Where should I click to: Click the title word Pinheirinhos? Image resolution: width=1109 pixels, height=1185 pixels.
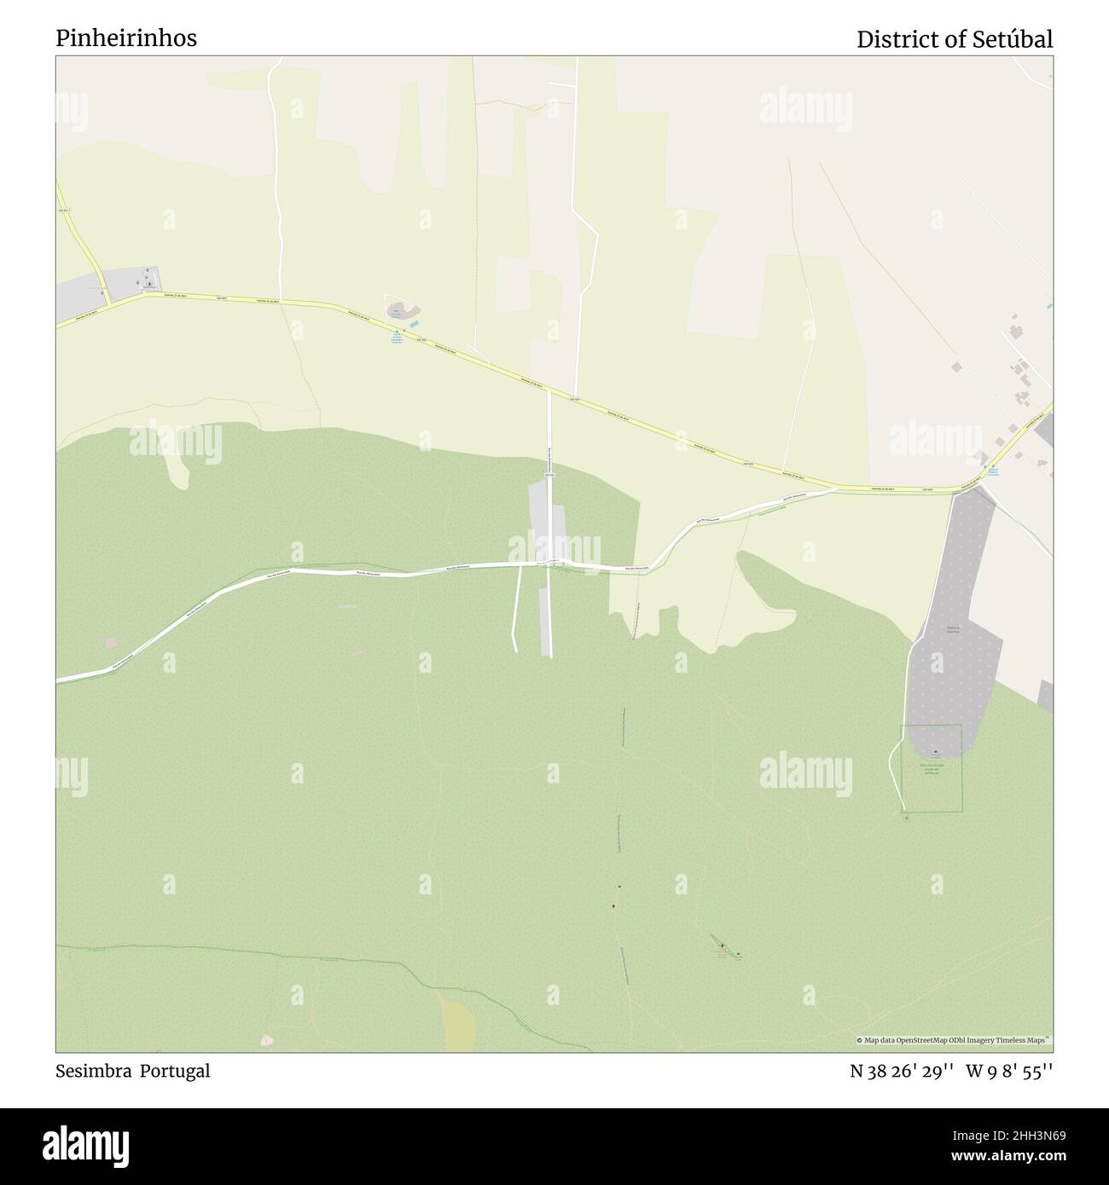point(126,38)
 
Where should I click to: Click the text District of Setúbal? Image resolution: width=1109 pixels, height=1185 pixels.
point(955,39)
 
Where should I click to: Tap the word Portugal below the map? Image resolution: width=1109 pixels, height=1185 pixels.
point(174,1071)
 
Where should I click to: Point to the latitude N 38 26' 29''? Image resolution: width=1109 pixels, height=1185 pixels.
point(903,1071)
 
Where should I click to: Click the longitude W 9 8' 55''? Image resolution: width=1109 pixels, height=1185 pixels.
point(1010,1071)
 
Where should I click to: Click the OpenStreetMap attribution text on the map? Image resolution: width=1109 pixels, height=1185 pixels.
point(954,1040)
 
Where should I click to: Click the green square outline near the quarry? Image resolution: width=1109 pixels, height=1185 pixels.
point(932,768)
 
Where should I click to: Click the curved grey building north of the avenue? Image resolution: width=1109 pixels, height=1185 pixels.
point(398,308)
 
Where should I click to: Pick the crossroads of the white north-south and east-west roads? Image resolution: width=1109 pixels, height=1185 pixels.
point(549,564)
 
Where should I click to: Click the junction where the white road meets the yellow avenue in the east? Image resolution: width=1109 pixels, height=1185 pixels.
point(833,488)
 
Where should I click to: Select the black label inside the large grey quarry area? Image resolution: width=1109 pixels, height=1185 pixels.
point(953,631)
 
